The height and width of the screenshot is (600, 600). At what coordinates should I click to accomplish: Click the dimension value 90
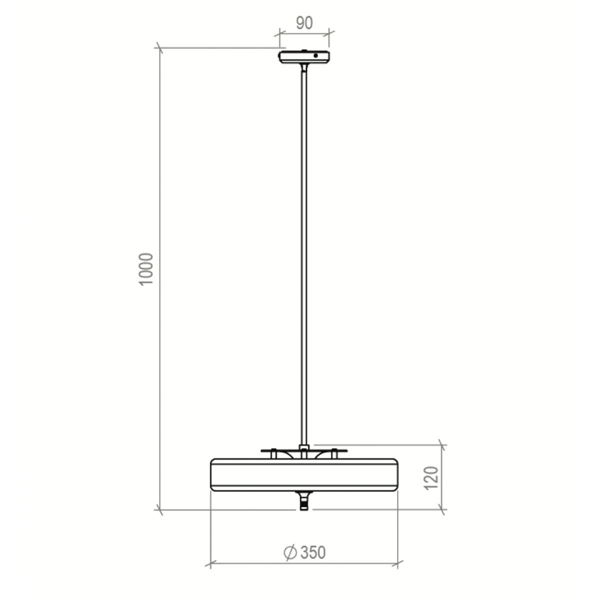tap(304, 23)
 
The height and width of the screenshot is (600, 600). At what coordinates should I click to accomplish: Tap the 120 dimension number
tap(431, 477)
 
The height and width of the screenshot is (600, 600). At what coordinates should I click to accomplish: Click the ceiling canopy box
tap(304, 57)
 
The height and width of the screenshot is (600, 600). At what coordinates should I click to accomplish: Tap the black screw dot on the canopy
tap(315, 55)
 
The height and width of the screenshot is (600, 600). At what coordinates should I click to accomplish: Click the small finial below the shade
tap(304, 501)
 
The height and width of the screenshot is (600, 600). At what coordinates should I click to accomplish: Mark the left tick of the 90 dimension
tap(279, 34)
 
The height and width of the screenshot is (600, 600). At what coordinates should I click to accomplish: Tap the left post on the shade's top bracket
tap(274, 453)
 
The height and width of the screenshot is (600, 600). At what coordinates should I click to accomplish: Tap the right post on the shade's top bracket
tap(334, 453)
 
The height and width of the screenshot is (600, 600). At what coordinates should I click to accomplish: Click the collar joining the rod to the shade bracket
tap(304, 446)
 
